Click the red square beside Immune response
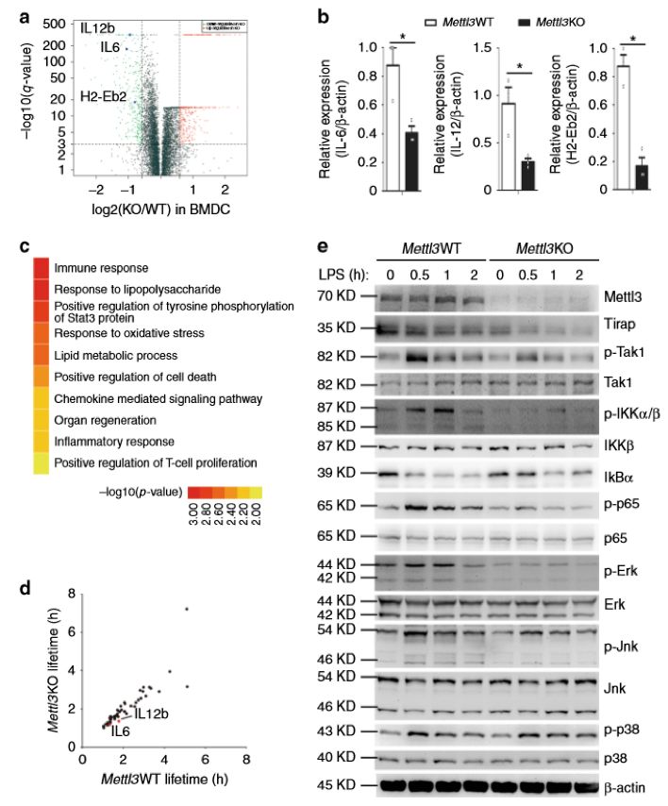tap(42, 269)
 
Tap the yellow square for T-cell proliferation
tap(42, 462)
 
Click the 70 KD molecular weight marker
tap(338, 295)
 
